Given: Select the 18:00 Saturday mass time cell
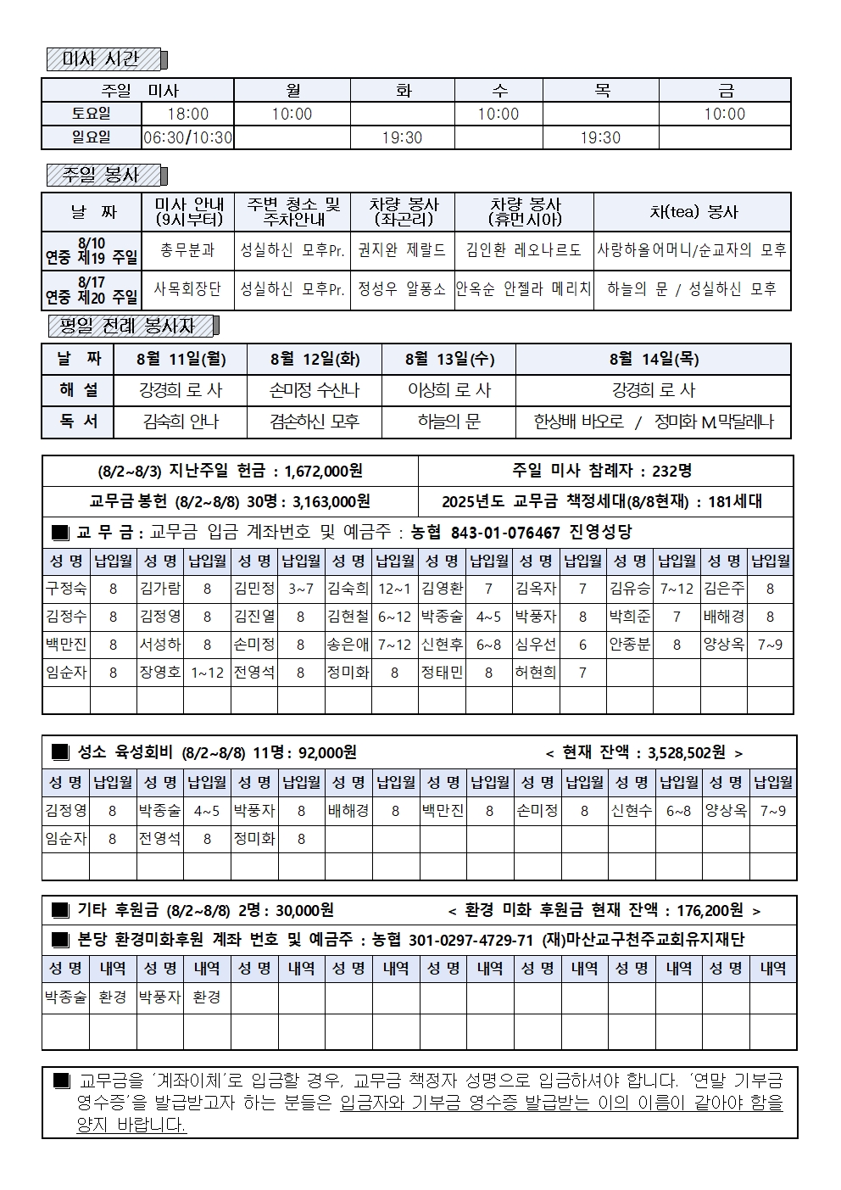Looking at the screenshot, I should [x=187, y=114].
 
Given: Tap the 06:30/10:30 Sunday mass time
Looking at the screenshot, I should [x=187, y=137].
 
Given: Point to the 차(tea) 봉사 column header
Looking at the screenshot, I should [x=693, y=212].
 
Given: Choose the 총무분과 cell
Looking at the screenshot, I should [x=187, y=250].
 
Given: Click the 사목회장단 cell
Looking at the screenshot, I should [x=187, y=289].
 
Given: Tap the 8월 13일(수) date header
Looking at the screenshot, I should [x=448, y=359].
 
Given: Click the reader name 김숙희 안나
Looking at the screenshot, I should [x=181, y=422].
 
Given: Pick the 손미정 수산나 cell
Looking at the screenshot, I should [x=315, y=390].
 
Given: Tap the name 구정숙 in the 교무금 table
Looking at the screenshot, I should [x=66, y=589].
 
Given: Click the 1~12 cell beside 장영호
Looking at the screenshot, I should [x=207, y=673].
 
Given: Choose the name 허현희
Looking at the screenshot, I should [x=536, y=673].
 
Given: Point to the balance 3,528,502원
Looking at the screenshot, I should [x=686, y=752].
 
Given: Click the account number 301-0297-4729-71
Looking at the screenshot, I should [x=471, y=940].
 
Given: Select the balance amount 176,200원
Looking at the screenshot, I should [x=710, y=910].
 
